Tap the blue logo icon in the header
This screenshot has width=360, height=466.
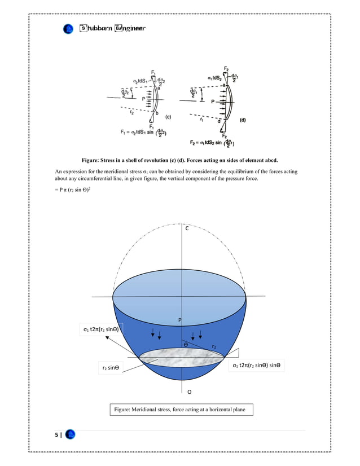(x=68, y=28)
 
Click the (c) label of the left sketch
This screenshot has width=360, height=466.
(x=168, y=117)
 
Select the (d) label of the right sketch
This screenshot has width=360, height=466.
(x=243, y=120)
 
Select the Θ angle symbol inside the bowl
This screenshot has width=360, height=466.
(x=184, y=344)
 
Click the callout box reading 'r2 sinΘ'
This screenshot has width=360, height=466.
(x=110, y=368)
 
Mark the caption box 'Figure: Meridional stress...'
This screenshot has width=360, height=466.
(x=181, y=409)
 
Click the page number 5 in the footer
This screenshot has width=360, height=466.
(x=56, y=435)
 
